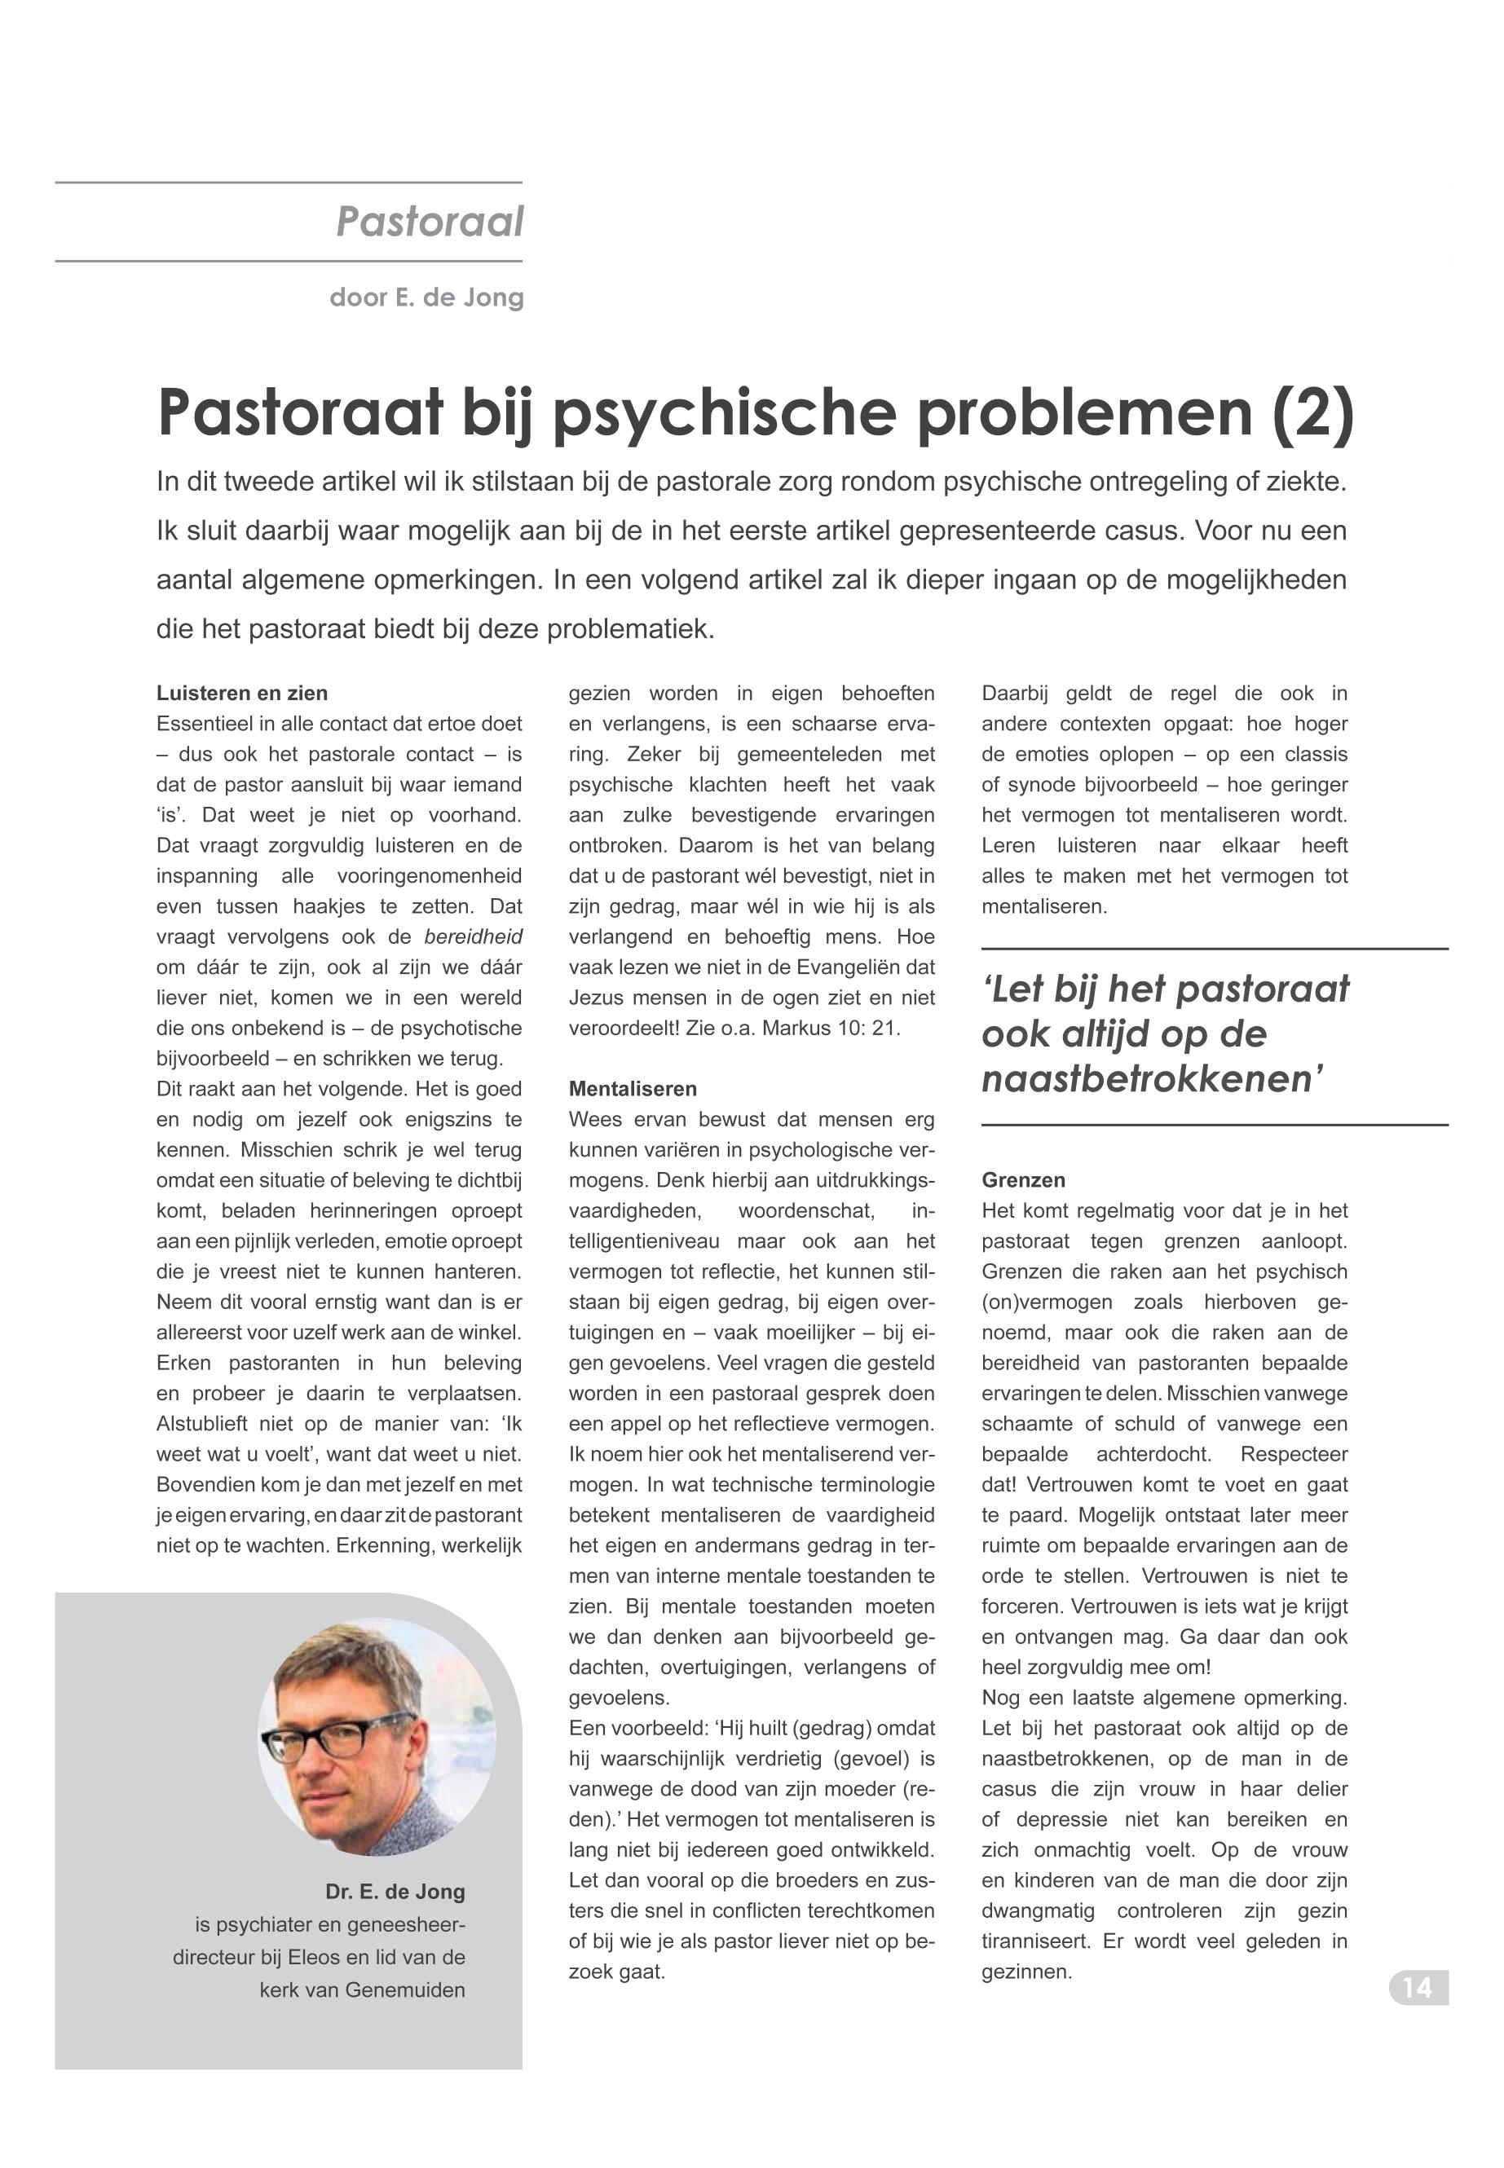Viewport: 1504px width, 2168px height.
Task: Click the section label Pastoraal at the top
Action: click(430, 223)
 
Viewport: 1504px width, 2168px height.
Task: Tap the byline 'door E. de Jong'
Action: click(426, 297)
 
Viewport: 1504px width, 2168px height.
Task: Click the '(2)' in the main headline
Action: click(1312, 412)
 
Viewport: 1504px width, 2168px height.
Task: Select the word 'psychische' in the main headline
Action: click(723, 412)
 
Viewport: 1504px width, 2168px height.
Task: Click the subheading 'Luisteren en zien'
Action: click(242, 694)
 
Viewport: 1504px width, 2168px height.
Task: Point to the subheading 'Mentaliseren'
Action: click(633, 1089)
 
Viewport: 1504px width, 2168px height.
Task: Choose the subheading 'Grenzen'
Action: click(1023, 1180)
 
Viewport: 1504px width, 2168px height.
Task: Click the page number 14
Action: click(1418, 1988)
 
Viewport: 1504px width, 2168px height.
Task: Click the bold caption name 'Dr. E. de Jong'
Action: click(395, 1892)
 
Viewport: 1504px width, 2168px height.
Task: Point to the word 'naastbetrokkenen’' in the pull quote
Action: click(1153, 1077)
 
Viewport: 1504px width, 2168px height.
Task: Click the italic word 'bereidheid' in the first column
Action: click(473, 937)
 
